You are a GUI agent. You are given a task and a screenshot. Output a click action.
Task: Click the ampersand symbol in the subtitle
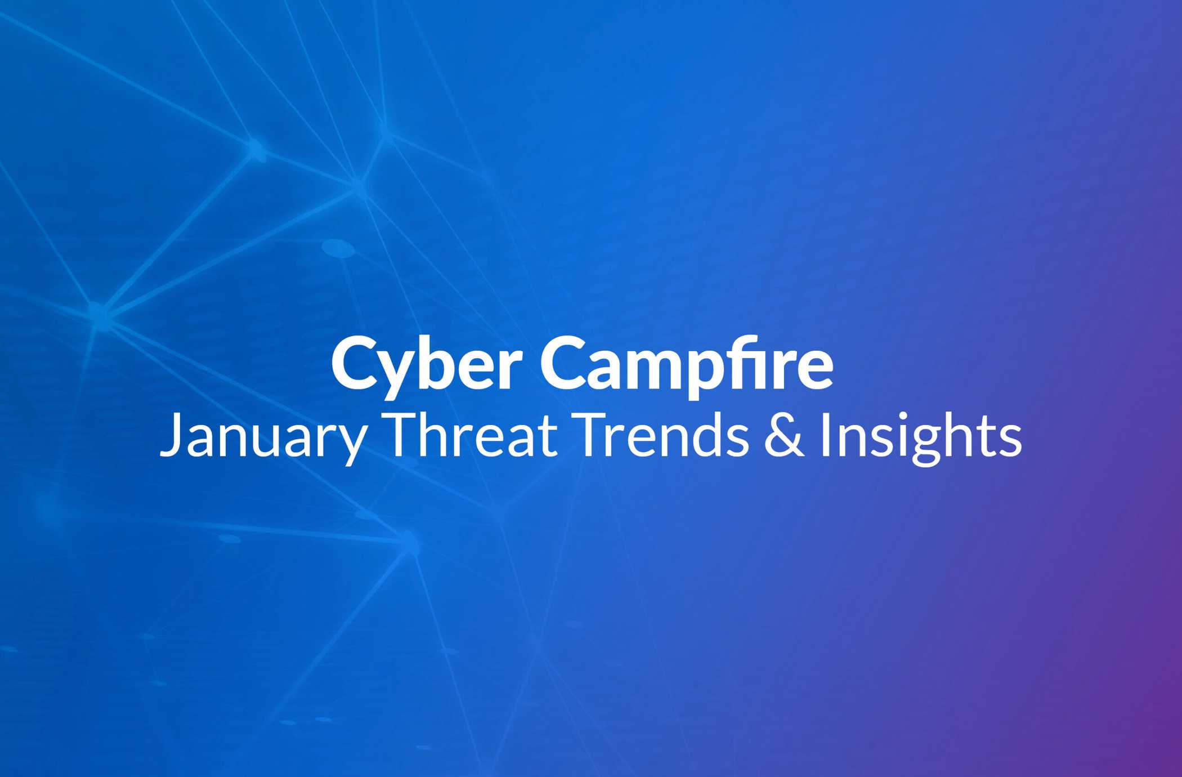click(785, 435)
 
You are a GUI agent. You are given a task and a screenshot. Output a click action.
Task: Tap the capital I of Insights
click(825, 435)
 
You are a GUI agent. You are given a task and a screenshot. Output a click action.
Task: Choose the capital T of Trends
click(593, 435)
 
